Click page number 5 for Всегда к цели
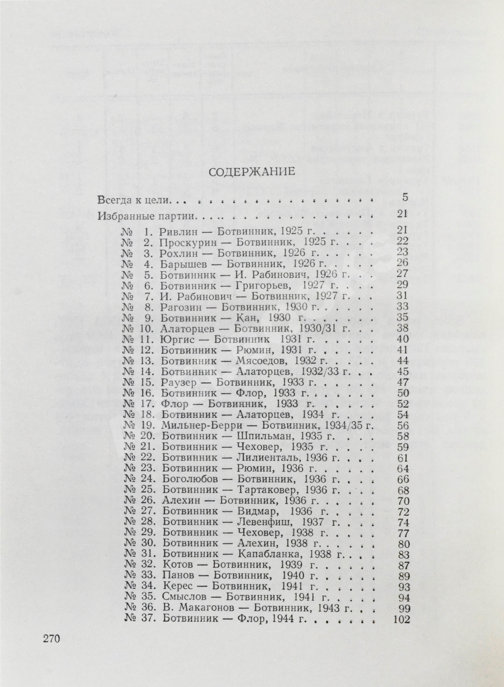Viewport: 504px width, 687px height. [405, 197]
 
